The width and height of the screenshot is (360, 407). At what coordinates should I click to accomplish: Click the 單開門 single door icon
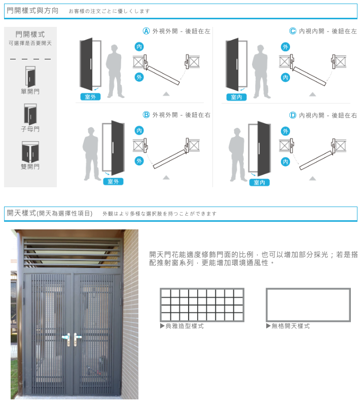(x=30, y=76)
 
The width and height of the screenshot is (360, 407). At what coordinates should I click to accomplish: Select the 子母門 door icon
(x=30, y=114)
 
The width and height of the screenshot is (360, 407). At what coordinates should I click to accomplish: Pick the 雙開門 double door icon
(x=30, y=151)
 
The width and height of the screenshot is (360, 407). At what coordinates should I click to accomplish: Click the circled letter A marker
(x=147, y=31)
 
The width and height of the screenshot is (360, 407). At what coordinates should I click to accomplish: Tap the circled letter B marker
(x=147, y=115)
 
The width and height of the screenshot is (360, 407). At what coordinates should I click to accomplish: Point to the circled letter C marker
(x=293, y=31)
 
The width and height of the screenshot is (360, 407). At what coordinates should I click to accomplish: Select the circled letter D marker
(x=293, y=115)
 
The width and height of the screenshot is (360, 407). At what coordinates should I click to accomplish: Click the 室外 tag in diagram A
(x=91, y=97)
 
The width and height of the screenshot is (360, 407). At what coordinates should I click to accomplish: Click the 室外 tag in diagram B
(x=113, y=181)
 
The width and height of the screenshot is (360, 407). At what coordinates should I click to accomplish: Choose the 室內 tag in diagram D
(x=260, y=182)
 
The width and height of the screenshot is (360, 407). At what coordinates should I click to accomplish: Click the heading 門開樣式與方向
(x=32, y=11)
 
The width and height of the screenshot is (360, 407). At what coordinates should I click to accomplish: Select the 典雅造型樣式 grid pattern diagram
(x=202, y=304)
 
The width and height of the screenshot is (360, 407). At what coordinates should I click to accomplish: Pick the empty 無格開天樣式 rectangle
(x=308, y=304)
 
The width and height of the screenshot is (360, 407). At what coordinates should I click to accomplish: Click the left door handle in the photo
(x=66, y=337)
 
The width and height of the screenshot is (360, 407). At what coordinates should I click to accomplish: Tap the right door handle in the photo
(x=77, y=337)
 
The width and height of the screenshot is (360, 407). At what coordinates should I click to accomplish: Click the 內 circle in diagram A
(x=139, y=47)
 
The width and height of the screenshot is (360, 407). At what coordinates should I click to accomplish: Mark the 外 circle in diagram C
(x=285, y=47)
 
